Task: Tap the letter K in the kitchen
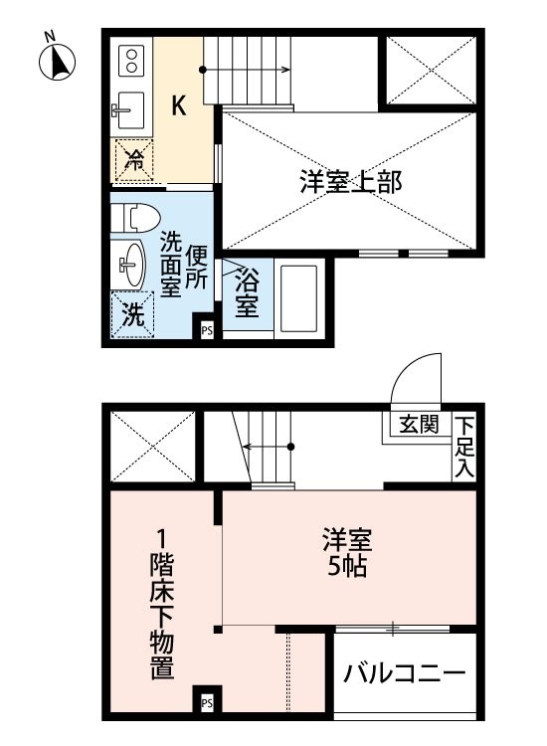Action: (x=178, y=105)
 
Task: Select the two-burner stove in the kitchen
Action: (x=131, y=61)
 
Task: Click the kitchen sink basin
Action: (x=129, y=110)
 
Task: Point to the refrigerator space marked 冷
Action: (x=134, y=160)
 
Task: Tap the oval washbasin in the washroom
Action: (x=130, y=265)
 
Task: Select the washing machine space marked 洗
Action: (x=132, y=314)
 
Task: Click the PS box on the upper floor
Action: (x=207, y=330)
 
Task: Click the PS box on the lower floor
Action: (x=207, y=702)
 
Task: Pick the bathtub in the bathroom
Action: (x=298, y=298)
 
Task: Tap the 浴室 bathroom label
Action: (x=247, y=292)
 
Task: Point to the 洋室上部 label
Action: (x=350, y=182)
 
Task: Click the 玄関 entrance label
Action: (x=419, y=424)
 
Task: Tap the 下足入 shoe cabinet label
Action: (x=463, y=447)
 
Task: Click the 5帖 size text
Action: (x=347, y=566)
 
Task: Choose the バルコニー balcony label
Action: (x=405, y=673)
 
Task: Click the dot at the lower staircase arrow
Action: (x=291, y=447)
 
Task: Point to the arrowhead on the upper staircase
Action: (x=285, y=70)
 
